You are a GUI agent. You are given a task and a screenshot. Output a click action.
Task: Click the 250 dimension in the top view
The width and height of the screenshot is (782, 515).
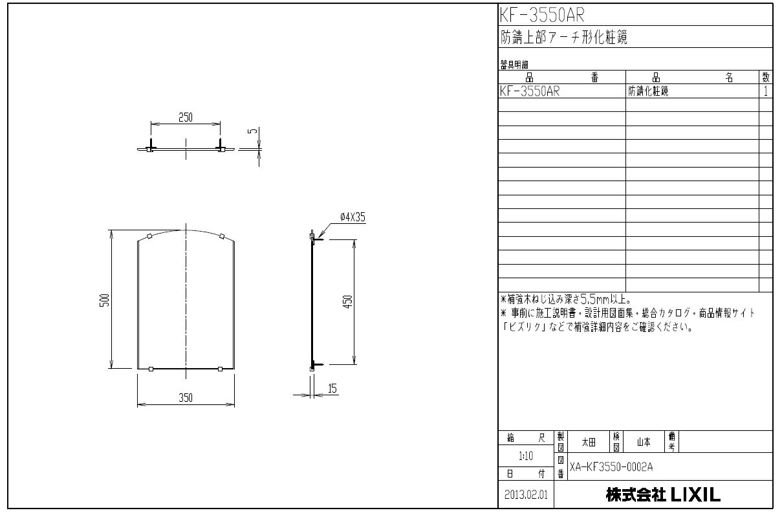pyautogui.click(x=185, y=117)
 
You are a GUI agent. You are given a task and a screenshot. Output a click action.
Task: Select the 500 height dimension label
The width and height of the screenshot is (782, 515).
pyautogui.click(x=105, y=300)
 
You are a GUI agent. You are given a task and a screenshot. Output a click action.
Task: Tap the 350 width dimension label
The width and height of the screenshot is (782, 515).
pyautogui.click(x=186, y=397)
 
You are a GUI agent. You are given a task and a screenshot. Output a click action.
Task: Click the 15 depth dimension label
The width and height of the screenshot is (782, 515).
pyautogui.click(x=332, y=388)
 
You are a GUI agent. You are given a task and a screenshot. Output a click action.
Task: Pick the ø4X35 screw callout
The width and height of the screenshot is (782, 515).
pyautogui.click(x=352, y=218)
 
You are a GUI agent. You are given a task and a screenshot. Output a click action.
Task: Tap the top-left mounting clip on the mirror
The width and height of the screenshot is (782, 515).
pyautogui.click(x=149, y=236)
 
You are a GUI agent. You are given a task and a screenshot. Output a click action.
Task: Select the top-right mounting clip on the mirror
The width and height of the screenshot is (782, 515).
pyautogui.click(x=221, y=236)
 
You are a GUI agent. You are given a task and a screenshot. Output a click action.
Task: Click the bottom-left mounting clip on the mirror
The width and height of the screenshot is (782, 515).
pyautogui.click(x=150, y=369)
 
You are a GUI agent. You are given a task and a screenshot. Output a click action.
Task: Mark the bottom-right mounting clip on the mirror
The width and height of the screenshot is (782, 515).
pyautogui.click(x=221, y=369)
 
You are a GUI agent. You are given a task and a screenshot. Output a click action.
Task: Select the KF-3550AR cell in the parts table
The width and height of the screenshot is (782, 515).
pyautogui.click(x=530, y=91)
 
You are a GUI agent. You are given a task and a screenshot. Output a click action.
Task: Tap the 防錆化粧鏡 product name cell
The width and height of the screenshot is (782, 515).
pyautogui.click(x=648, y=91)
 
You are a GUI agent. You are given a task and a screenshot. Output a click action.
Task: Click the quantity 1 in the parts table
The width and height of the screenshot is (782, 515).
pyautogui.click(x=766, y=91)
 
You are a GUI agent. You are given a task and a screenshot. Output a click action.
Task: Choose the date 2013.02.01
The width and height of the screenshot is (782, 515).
pyautogui.click(x=525, y=496)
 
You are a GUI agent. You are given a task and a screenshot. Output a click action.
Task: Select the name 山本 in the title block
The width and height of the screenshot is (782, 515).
pyautogui.click(x=644, y=442)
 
